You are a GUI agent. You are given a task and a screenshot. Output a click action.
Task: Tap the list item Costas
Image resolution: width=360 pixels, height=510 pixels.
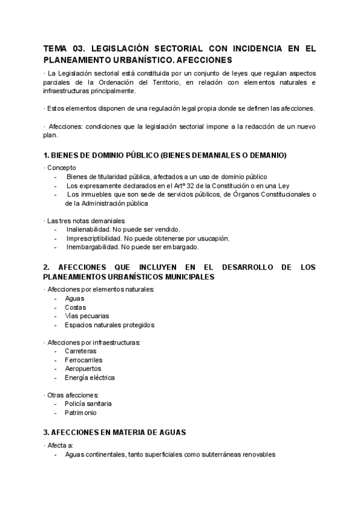(76, 307)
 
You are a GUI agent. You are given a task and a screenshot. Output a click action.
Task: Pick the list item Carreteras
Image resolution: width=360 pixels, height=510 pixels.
(81, 351)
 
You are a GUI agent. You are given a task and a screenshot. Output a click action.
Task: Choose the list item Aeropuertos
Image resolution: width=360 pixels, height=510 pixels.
(83, 369)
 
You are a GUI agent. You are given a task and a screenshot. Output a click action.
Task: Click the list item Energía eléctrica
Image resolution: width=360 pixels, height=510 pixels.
(90, 378)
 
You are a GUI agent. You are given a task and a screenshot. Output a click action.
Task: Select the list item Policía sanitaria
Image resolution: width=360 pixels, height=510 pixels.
(88, 404)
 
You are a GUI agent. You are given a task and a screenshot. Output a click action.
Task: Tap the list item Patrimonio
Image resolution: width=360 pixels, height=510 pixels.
(81, 413)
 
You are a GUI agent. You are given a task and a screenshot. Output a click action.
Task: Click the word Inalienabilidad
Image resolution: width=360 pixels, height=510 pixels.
(91, 229)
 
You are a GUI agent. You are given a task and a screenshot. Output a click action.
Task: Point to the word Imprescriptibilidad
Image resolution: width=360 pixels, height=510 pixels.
(97, 238)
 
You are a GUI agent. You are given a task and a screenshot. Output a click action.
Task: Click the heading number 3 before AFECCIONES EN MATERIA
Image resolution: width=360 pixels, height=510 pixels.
(46, 432)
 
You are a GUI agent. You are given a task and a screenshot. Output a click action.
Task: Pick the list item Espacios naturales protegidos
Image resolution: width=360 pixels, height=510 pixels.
(110, 325)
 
